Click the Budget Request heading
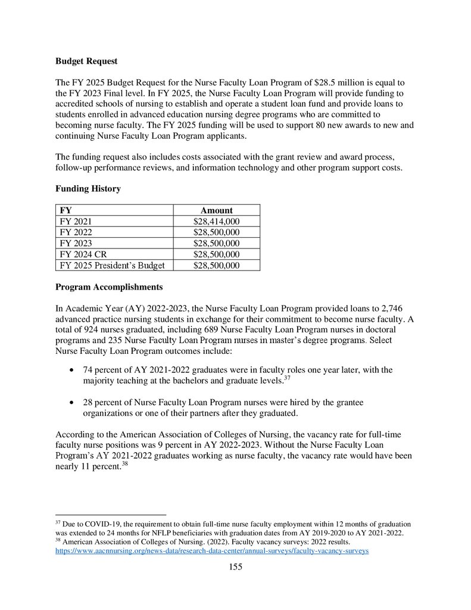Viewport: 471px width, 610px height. click(x=86, y=61)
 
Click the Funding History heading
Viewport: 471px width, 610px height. click(x=88, y=189)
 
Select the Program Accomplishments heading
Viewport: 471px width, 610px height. click(x=109, y=287)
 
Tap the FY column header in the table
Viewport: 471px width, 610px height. click(x=65, y=210)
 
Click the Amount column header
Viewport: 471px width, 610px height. click(x=216, y=210)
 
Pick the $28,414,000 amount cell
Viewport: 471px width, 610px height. click(x=216, y=222)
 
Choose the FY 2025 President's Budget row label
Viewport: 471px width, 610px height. click(x=112, y=265)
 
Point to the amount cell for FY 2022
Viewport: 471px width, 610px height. click(x=216, y=232)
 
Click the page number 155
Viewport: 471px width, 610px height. click(x=235, y=567)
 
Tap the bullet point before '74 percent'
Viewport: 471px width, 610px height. click(x=71, y=371)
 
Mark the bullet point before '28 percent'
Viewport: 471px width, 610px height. click(x=71, y=403)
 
